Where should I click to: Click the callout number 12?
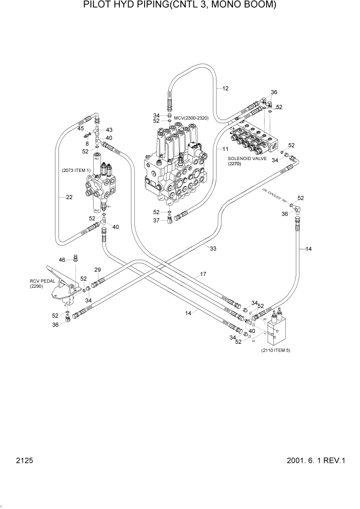click(225, 88)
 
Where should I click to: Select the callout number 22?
click(69, 197)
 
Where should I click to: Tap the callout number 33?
click(213, 248)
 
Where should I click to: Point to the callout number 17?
click(203, 275)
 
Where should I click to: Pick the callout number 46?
click(62, 260)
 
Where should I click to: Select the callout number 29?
click(97, 270)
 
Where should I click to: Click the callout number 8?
click(87, 144)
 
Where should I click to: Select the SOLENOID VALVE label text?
click(248, 159)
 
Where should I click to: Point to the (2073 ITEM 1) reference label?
click(76, 170)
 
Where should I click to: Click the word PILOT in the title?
click(97, 6)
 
